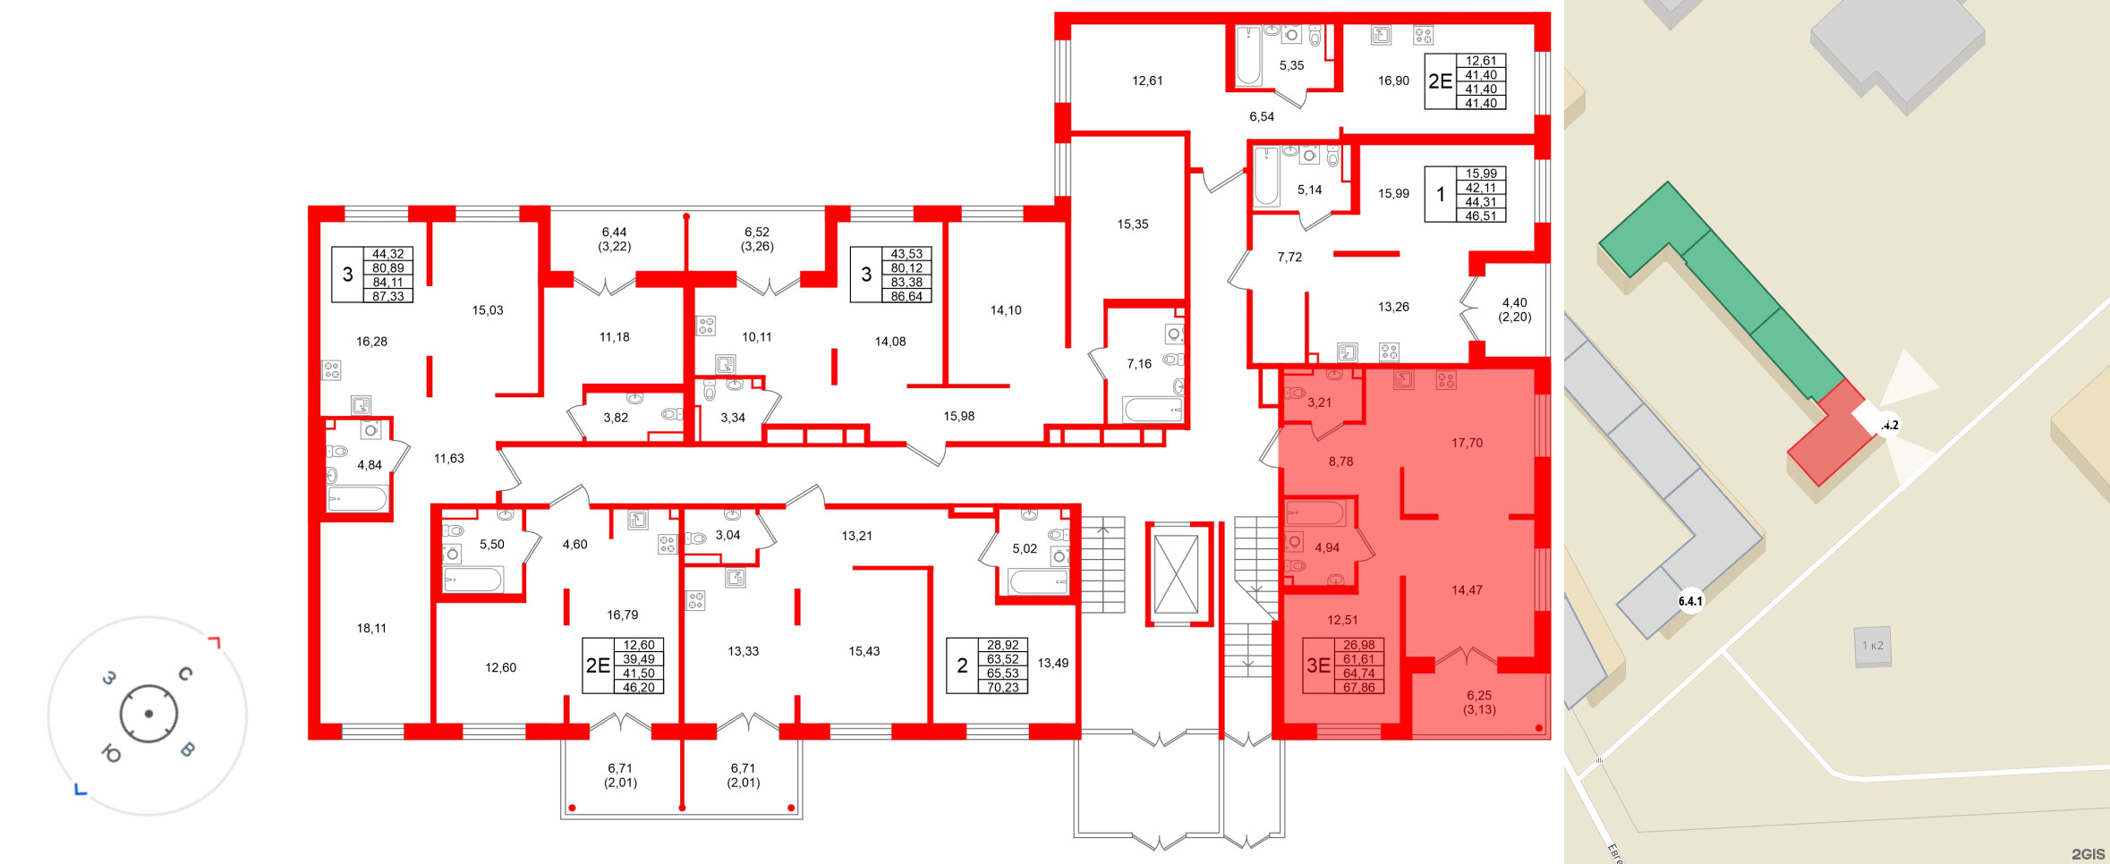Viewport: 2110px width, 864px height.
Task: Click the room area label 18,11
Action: tap(371, 629)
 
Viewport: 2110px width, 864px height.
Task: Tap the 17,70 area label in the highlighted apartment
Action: tap(1467, 443)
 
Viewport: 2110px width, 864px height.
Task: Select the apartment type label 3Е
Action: tap(1318, 665)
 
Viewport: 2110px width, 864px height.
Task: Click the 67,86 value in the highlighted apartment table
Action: tap(1358, 688)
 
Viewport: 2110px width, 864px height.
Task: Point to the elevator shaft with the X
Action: tap(1176, 574)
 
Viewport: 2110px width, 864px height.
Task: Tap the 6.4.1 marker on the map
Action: tap(1690, 601)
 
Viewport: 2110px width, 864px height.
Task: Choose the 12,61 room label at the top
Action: tap(1147, 80)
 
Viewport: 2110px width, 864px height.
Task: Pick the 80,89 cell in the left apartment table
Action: tap(387, 268)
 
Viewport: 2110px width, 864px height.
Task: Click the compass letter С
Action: tap(185, 673)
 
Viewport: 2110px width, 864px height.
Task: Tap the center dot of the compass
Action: tap(149, 714)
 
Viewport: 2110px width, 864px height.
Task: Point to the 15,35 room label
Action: tap(1133, 224)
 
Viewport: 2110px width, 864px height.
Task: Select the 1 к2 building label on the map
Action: tap(1873, 646)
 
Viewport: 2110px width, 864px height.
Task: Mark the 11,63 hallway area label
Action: tap(449, 459)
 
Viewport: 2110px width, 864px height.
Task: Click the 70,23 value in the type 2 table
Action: tap(1002, 688)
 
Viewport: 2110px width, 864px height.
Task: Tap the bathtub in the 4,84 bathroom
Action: tap(357, 498)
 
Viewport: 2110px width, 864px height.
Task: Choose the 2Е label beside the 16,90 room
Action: tap(1440, 81)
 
